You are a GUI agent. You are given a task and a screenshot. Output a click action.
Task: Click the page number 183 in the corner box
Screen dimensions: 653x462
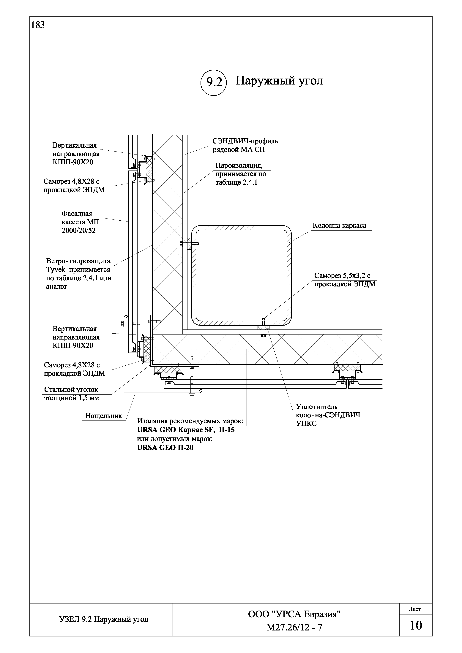pos(38,25)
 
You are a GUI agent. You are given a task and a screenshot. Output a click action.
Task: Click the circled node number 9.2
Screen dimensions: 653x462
pos(214,82)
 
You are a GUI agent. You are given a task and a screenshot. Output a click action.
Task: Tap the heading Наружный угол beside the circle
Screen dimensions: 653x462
pos(279,81)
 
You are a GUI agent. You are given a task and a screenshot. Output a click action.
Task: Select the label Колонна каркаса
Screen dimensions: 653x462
pos(339,226)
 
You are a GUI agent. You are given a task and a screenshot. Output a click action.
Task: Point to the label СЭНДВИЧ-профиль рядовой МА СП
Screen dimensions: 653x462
pos(245,145)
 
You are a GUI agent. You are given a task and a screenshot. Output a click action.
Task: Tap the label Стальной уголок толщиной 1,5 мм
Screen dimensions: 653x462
pos(71,394)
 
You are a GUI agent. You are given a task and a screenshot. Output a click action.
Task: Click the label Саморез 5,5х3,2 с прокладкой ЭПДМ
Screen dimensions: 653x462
pos(344,280)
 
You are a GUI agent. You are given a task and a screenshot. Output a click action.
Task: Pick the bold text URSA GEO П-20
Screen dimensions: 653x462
pos(165,448)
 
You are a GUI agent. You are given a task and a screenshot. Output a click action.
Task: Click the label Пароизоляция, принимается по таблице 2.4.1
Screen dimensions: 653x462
pos(241,174)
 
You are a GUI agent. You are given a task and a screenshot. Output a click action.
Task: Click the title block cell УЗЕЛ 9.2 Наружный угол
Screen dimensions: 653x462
pos(104,619)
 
